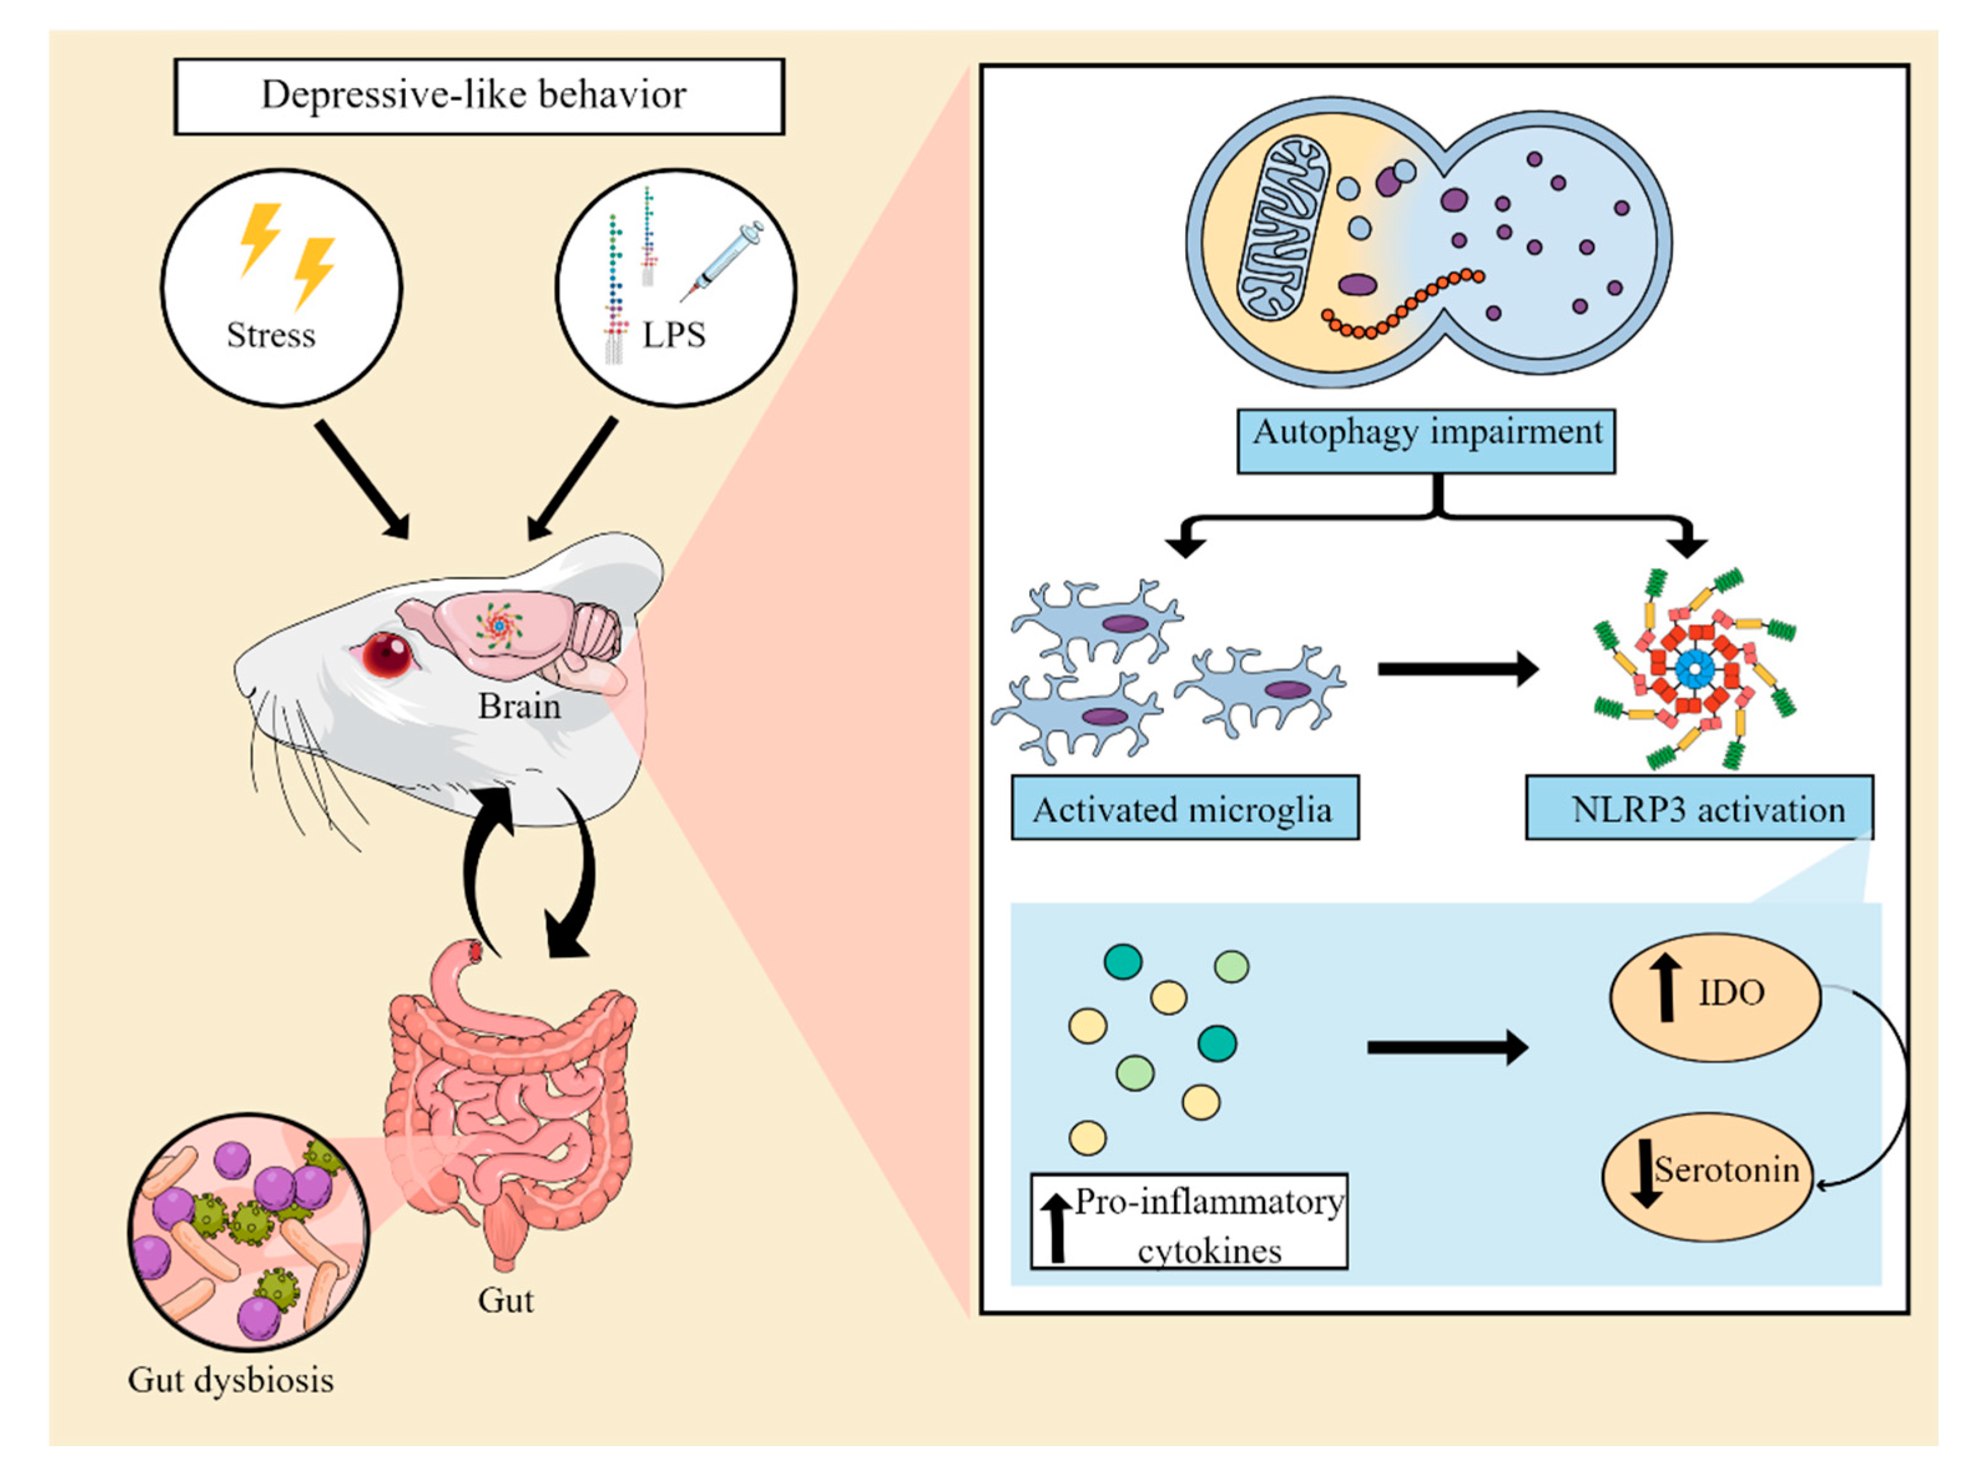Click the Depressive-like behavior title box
479,96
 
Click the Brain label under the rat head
519,706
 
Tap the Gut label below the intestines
506,1300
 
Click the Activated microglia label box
1185,808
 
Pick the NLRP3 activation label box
1699,808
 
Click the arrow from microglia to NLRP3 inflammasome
1457,669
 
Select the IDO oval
1715,997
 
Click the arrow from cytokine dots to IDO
1446,1047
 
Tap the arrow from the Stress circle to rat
363,479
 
